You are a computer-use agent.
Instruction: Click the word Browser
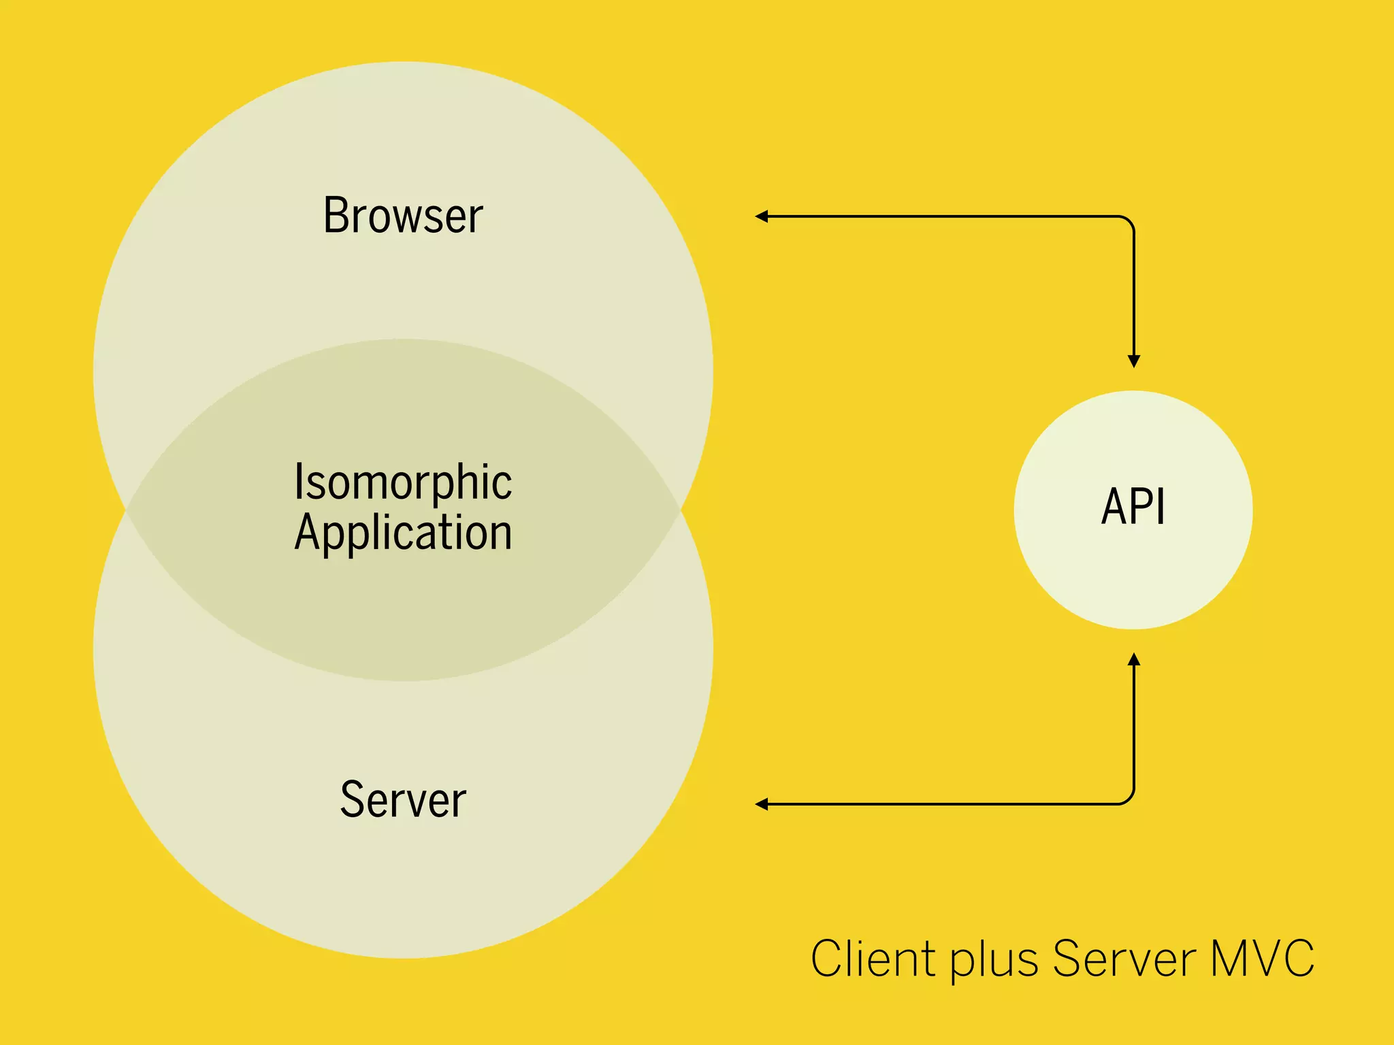tap(403, 216)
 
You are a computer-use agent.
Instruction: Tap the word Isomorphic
tap(403, 482)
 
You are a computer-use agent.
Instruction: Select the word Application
tap(403, 533)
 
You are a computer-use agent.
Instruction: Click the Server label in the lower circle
tap(403, 799)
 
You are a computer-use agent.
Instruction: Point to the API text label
tap(1133, 507)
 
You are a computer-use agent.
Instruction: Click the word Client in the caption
tap(873, 959)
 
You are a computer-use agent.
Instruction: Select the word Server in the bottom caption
tap(1124, 959)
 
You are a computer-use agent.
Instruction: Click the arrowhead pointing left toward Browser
tap(762, 216)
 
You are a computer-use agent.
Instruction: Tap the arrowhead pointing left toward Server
tap(762, 804)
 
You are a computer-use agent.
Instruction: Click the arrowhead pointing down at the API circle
tap(1134, 361)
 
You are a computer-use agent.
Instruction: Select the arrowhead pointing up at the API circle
tap(1134, 659)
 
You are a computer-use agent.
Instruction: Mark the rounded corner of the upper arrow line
tap(1129, 221)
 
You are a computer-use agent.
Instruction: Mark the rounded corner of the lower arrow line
tap(1129, 799)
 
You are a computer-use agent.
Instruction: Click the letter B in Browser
tap(336, 216)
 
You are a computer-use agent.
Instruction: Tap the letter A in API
tap(1114, 507)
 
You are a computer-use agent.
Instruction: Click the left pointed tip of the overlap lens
tap(127, 510)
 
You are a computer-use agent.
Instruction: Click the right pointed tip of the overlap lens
tap(680, 510)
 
